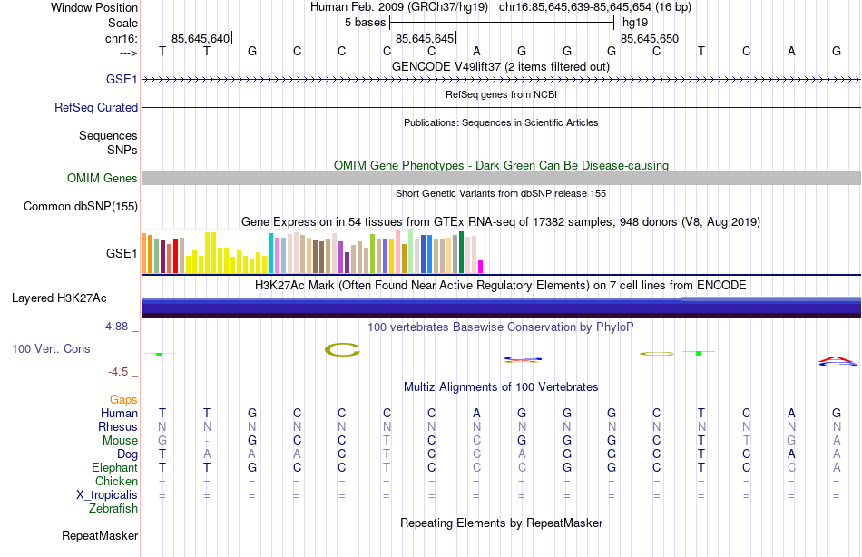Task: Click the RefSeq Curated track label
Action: tap(96, 107)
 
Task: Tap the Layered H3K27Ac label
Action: tap(59, 298)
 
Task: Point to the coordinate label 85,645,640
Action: tap(200, 39)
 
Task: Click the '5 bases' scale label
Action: tap(366, 22)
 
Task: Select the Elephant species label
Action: tap(114, 468)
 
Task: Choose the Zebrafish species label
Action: tap(113, 509)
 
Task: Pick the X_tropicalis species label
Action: tap(107, 495)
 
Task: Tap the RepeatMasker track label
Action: tap(99, 536)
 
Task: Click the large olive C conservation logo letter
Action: tap(343, 349)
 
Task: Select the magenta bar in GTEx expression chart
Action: tap(481, 267)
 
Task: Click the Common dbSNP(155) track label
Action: tap(80, 207)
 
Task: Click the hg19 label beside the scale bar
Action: tap(634, 22)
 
